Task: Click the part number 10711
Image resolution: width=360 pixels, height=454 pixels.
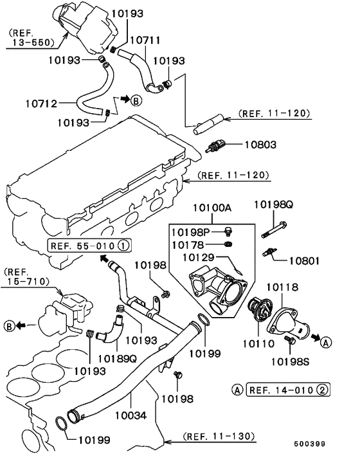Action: click(x=145, y=40)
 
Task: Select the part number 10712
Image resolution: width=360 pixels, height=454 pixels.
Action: click(x=41, y=104)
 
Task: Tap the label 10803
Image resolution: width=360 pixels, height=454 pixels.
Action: click(x=260, y=145)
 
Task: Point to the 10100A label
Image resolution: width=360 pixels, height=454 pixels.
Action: click(x=212, y=208)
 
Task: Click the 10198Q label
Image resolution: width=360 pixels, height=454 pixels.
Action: click(x=273, y=204)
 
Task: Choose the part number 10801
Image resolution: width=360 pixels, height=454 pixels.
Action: click(x=305, y=261)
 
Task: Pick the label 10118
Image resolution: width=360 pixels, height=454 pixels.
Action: click(x=282, y=287)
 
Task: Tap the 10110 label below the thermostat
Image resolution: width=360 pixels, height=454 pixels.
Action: click(x=258, y=343)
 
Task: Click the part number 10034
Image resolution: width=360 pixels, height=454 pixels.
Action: click(x=130, y=415)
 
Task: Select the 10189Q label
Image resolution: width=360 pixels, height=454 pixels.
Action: click(x=117, y=359)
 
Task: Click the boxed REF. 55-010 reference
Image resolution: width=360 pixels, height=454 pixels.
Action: click(x=89, y=246)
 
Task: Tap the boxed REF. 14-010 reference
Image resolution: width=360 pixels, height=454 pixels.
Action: click(x=288, y=390)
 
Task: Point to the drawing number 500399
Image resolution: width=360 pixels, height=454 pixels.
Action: click(x=310, y=444)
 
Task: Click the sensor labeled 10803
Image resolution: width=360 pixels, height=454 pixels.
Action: click(x=215, y=145)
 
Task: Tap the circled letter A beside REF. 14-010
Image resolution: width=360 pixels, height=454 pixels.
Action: click(x=237, y=390)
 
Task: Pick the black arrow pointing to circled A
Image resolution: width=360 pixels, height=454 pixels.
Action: click(x=316, y=338)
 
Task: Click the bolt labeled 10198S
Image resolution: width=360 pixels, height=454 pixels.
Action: click(x=289, y=340)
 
